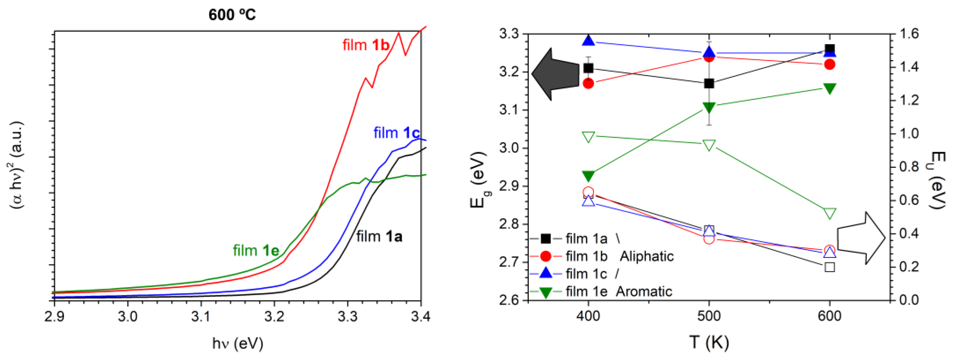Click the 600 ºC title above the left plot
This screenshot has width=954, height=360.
pos(232,15)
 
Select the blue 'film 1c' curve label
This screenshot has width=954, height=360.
pos(396,133)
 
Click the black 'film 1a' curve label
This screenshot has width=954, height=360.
pos(379,236)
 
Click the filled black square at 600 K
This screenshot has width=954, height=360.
pos(830,49)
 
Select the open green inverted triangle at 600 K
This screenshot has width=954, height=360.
pos(830,213)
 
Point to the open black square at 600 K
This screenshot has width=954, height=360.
pos(830,267)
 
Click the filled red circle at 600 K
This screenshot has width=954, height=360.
pos(830,65)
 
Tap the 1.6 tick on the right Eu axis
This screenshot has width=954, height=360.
pos(909,34)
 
